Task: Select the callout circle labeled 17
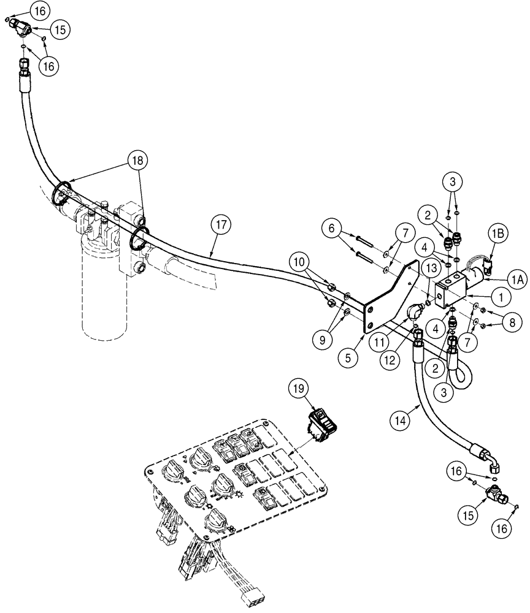223,225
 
